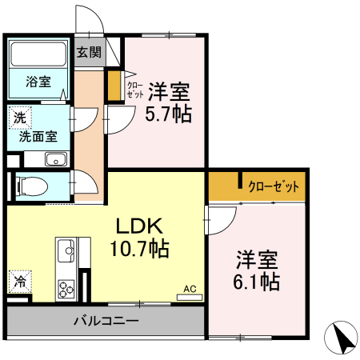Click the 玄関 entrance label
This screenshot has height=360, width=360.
pyautogui.click(x=90, y=53)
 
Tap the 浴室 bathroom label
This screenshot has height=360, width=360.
pyautogui.click(x=37, y=81)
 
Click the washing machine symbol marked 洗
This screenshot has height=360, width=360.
pyautogui.click(x=18, y=118)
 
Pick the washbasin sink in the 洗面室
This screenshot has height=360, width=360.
pyautogui.click(x=56, y=158)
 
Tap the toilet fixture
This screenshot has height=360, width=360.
pyautogui.click(x=30, y=186)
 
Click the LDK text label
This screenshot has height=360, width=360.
pyautogui.click(x=138, y=226)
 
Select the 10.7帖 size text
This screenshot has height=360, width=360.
pyautogui.click(x=138, y=249)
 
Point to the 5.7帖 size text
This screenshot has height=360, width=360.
pyautogui.click(x=167, y=114)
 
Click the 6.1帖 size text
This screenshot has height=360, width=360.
pyautogui.click(x=257, y=282)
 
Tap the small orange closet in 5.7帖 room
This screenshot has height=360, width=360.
pyautogui.click(x=114, y=86)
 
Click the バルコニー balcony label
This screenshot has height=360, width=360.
pyautogui.click(x=106, y=321)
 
